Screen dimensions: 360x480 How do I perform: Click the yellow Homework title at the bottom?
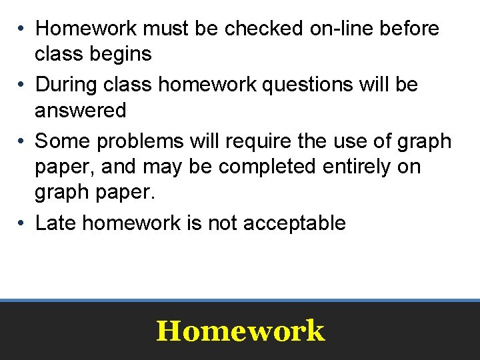coord(240,331)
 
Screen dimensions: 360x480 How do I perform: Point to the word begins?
coord(123,54)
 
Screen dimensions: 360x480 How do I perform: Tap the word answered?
coord(81,110)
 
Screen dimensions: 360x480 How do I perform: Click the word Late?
coord(56,223)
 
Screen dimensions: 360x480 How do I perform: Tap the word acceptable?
coord(294,223)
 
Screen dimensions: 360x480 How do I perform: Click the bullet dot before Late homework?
coord(22,223)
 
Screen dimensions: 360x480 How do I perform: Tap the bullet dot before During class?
coord(22,85)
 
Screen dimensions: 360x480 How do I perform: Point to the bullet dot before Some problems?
coord(22,141)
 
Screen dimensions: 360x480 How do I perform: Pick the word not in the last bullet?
coord(223,223)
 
